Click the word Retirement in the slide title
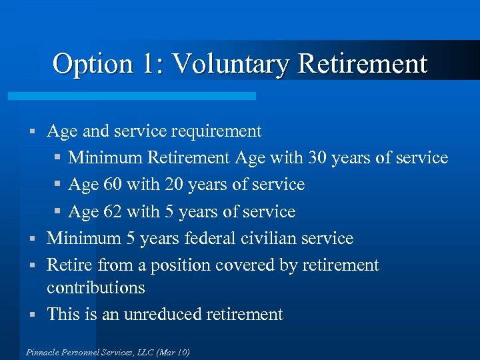tap(363, 64)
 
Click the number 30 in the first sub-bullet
tap(317, 158)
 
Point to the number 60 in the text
tap(114, 185)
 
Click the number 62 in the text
tap(114, 212)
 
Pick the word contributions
tap(96, 288)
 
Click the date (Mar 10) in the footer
tap(172, 352)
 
